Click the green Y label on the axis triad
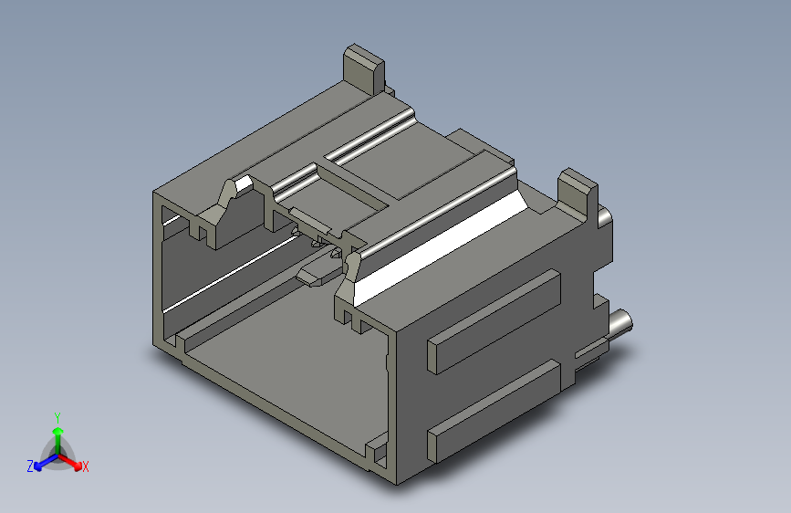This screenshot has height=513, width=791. [x=57, y=417]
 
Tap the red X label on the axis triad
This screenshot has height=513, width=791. [x=85, y=466]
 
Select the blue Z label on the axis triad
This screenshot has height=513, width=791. [x=30, y=466]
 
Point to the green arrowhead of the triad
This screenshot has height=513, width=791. [x=58, y=431]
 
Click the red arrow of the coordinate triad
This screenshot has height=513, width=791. [x=69, y=461]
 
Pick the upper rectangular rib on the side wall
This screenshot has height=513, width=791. [x=494, y=321]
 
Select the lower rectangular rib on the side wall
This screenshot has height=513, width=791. [x=494, y=411]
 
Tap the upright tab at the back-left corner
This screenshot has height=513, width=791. [x=364, y=69]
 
